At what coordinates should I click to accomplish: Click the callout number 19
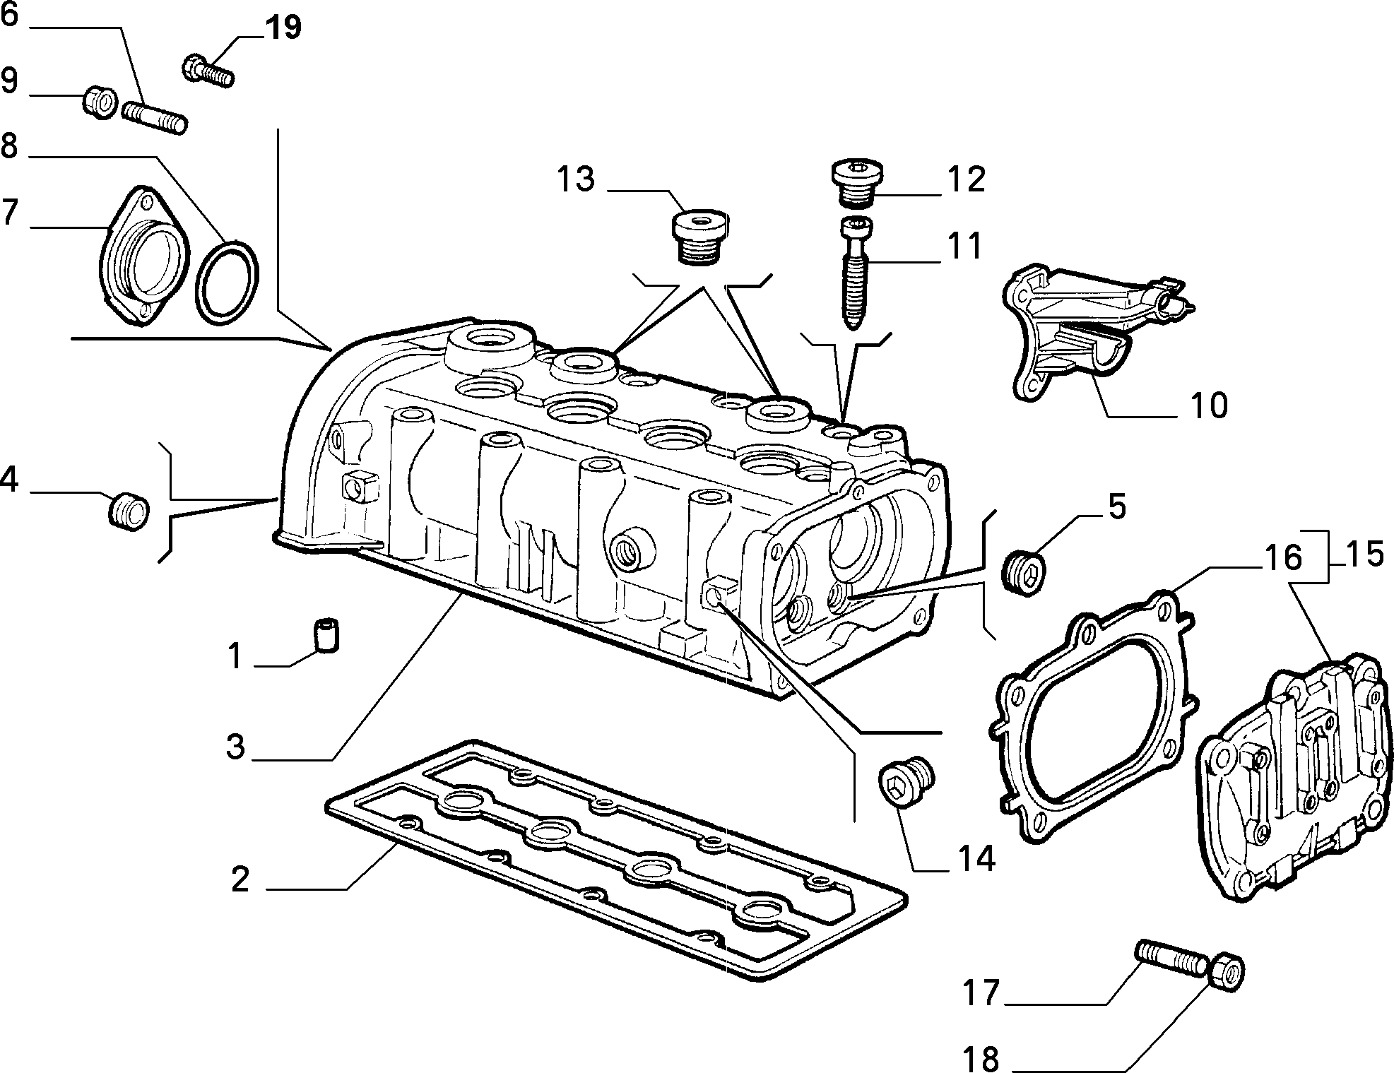tap(283, 28)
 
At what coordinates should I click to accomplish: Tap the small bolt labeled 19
tap(208, 71)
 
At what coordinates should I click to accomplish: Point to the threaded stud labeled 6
tap(153, 117)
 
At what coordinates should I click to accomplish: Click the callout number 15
tap(1364, 554)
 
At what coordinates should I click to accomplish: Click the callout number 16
tap(1282, 557)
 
